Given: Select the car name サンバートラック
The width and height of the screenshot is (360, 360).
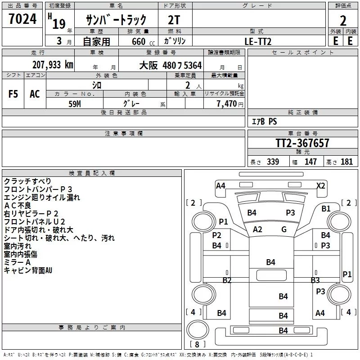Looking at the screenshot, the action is (116, 19).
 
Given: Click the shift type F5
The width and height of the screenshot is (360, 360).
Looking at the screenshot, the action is (13, 94).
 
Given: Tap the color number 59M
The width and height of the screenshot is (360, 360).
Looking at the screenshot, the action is (75, 103).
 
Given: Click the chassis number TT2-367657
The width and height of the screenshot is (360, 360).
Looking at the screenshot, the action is (302, 143).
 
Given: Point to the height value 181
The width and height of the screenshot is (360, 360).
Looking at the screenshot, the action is (347, 162).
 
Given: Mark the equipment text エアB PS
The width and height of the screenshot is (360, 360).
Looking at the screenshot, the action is (264, 121).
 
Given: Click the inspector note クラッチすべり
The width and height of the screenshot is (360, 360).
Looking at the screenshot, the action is (27, 181).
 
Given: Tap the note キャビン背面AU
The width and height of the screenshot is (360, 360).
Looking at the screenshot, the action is (28, 270).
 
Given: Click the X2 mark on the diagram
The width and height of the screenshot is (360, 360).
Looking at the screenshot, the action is (321, 185).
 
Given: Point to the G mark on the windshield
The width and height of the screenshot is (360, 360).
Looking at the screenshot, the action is (284, 229).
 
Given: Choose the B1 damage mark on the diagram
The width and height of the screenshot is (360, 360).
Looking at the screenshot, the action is (326, 208).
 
